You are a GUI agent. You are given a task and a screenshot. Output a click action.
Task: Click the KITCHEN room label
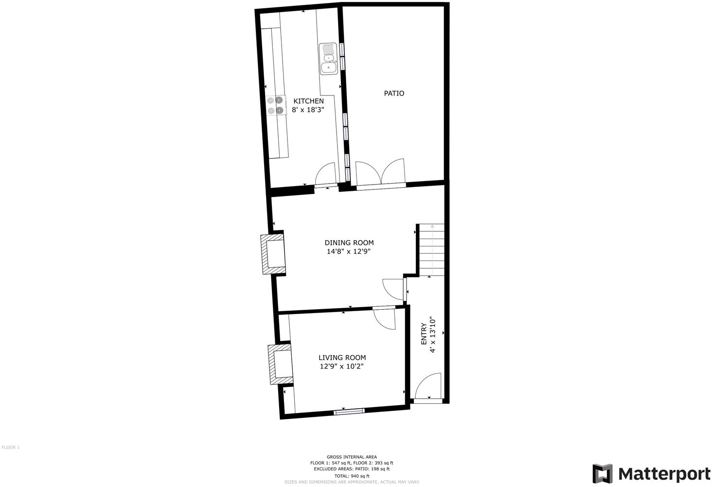point(308,101)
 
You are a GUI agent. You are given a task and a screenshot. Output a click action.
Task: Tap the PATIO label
point(394,93)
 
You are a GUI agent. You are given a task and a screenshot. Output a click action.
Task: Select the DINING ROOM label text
point(349,243)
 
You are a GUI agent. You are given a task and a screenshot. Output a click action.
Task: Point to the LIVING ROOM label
point(342,357)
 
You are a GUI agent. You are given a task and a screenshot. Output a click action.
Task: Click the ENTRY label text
point(424,334)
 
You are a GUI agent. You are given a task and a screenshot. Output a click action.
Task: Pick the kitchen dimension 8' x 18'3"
point(308,110)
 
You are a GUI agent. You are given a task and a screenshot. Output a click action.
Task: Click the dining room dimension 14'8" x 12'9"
point(349,252)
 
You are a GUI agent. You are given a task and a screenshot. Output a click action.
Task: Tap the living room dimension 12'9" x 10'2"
point(342,367)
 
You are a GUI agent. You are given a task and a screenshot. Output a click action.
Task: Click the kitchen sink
point(328,59)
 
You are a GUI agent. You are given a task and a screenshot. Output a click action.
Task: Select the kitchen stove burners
point(275,105)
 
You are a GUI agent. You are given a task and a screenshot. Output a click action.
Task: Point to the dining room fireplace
point(273,253)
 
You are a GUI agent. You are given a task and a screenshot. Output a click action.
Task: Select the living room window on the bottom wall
point(349,412)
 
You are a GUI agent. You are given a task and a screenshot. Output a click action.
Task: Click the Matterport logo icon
point(602,473)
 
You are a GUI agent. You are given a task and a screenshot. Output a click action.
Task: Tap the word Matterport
point(664,473)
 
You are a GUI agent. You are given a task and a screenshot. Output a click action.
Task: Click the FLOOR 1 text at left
point(11,447)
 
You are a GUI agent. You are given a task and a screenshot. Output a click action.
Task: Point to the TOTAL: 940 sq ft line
point(352,476)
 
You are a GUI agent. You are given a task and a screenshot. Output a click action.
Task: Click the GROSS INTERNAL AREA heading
point(352,457)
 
